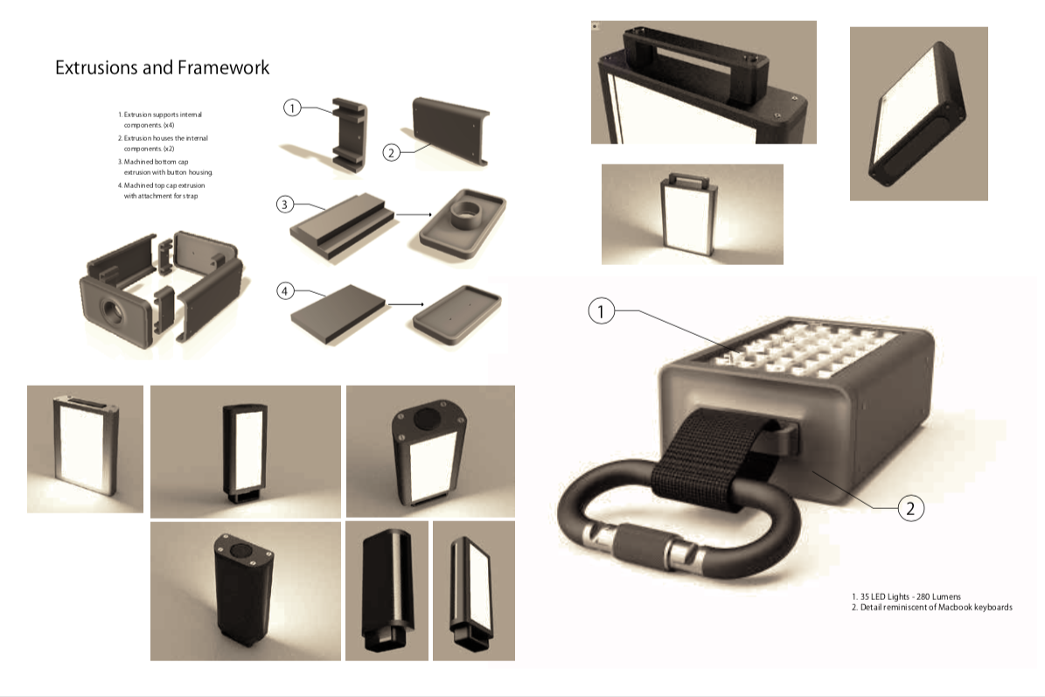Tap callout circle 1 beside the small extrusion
click(x=292, y=108)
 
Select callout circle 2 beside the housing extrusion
click(x=391, y=152)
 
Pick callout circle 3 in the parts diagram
click(x=285, y=204)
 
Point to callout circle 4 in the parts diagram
click(x=285, y=290)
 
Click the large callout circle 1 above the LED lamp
click(x=601, y=311)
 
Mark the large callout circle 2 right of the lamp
click(x=910, y=508)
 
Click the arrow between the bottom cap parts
click(x=414, y=214)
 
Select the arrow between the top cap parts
click(x=406, y=304)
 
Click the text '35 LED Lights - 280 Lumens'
click(x=906, y=596)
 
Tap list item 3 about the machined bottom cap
click(x=165, y=167)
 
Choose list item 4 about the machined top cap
click(x=161, y=191)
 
